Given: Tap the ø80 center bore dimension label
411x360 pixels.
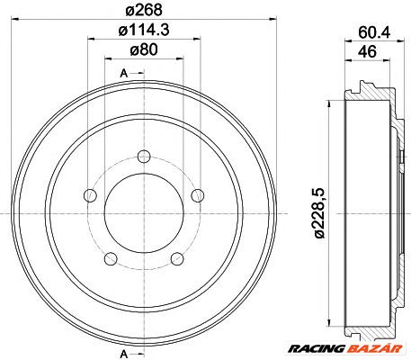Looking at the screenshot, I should point(144,51).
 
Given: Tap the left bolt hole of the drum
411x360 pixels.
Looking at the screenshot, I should point(88,195).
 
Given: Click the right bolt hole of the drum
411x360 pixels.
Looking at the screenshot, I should point(198,194).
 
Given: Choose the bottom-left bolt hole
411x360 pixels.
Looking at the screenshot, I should point(112,259).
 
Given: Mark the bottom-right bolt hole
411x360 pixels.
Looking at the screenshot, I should point(175,259).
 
